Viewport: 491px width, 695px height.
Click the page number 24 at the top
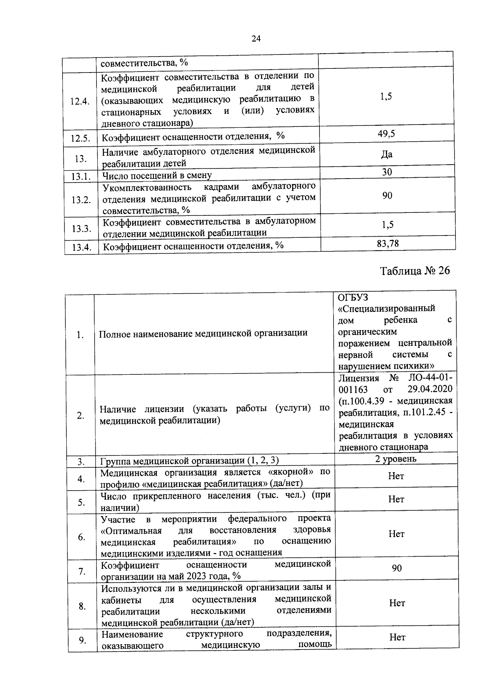[x=256, y=38]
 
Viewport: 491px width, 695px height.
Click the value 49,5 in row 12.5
[x=386, y=134]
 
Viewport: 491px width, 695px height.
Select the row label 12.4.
[x=80, y=102]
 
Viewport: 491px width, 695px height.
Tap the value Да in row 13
[x=386, y=154]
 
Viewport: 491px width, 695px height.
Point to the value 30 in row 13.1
[x=387, y=172]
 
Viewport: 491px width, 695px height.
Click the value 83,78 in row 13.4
[x=387, y=244]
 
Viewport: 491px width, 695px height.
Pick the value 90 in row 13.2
[x=387, y=195]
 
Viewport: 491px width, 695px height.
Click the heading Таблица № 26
[x=414, y=271]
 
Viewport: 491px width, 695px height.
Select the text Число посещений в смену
[x=157, y=176]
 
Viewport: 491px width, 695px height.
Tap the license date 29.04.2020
[x=430, y=389]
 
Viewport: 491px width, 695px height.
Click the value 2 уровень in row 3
[x=396, y=459]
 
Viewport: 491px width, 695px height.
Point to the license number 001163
[x=353, y=389]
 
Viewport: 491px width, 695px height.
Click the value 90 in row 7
[x=396, y=568]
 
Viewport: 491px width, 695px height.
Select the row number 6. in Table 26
[x=81, y=537]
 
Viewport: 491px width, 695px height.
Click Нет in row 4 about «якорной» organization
[x=396, y=476]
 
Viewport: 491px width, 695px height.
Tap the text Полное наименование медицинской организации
[x=203, y=333]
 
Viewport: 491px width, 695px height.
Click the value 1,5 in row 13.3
[x=387, y=224]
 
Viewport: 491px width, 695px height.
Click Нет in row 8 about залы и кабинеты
[x=396, y=603]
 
